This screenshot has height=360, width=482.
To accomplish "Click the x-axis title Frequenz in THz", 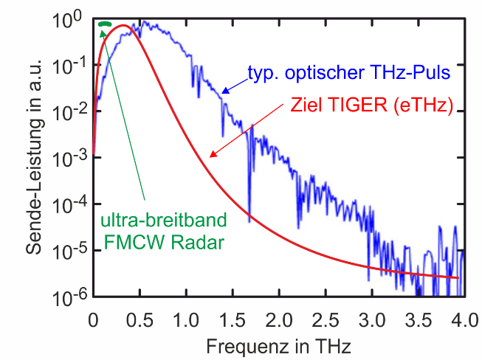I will tap(277, 345).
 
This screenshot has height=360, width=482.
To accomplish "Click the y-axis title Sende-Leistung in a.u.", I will tap(34, 159).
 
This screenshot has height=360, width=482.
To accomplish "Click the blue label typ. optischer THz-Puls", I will tap(347, 74).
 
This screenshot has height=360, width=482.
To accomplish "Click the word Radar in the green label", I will tap(199, 242).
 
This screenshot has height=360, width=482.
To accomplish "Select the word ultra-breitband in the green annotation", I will tap(153, 221).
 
